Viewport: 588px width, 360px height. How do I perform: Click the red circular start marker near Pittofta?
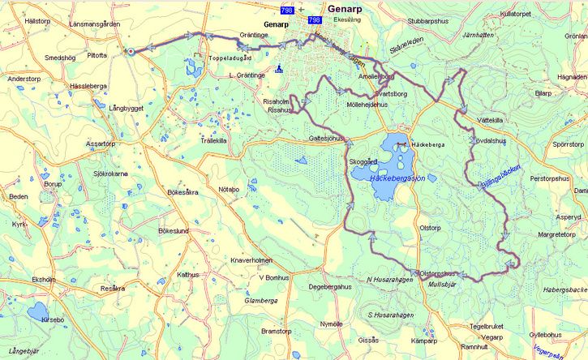130,52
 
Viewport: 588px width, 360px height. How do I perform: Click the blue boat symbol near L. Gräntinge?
279,69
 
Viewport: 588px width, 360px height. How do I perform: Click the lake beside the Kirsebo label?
37,312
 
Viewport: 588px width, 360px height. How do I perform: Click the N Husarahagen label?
390,280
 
